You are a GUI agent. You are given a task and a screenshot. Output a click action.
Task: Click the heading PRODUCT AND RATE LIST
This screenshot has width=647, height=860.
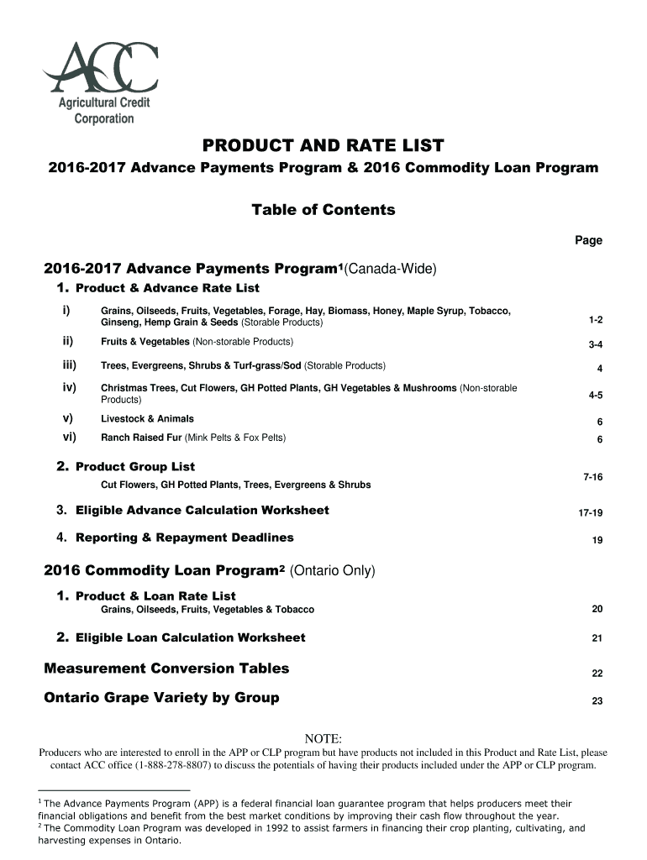(323, 145)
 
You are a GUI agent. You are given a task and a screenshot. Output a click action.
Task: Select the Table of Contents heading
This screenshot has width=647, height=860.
(323, 210)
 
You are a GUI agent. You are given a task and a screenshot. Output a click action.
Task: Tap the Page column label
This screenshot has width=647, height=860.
(588, 240)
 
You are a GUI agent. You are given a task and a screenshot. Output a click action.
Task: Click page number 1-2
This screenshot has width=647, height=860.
(596, 320)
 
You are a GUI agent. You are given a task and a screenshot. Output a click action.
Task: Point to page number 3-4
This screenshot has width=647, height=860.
(596, 344)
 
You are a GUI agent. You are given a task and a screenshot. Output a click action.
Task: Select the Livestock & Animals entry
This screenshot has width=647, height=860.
(147, 418)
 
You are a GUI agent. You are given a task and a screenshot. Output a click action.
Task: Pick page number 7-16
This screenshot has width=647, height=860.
(593, 477)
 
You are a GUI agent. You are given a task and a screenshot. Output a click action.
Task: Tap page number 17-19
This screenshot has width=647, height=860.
(591, 513)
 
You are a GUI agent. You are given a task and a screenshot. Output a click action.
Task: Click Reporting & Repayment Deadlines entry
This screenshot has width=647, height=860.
(184, 537)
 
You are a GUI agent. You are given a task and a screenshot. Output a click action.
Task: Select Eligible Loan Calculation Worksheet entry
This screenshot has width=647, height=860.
(190, 637)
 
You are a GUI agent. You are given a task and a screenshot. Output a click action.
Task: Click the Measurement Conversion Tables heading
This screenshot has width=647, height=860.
(166, 669)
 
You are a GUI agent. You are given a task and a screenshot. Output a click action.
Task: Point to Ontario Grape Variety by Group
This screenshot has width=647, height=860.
(161, 698)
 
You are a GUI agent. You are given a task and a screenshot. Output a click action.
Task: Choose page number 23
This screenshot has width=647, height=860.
(597, 701)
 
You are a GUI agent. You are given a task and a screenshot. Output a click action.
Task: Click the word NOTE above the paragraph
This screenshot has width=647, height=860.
(323, 738)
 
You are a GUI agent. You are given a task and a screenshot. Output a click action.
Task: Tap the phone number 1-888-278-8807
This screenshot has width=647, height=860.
(173, 766)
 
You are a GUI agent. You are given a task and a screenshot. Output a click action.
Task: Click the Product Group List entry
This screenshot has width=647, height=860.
(134, 466)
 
